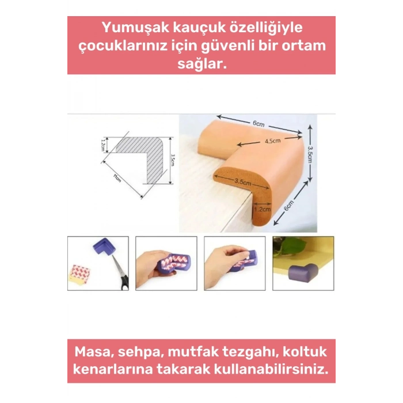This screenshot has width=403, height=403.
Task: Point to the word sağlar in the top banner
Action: click(200, 65)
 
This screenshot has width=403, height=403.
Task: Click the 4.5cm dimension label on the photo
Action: click(272, 141)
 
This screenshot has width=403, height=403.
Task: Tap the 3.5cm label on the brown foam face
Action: click(242, 182)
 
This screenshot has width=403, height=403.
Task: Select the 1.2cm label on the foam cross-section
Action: click(262, 210)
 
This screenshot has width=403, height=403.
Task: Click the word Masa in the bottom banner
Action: click(96, 351)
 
